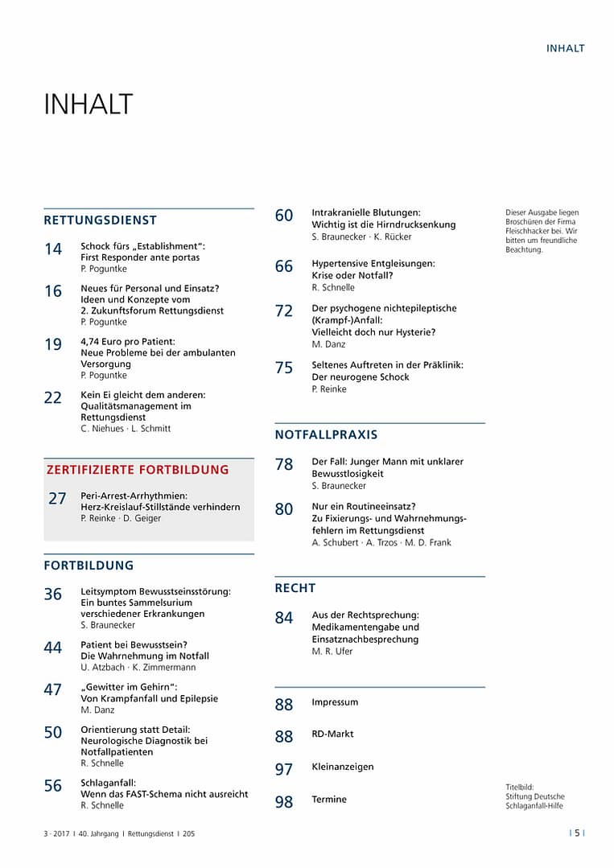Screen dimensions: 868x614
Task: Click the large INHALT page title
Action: coord(88,105)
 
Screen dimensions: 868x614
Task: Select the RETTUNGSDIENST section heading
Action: coord(100,220)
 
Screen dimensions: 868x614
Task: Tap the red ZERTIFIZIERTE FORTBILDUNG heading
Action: coord(138,470)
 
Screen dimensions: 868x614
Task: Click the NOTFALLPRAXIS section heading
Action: coord(326,434)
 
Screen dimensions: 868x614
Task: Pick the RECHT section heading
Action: coord(295,588)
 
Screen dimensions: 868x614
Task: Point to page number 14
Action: coord(53,249)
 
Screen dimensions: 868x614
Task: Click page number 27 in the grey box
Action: coord(57,499)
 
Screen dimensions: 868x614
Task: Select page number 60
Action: coord(284,216)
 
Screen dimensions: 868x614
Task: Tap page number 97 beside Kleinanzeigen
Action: coord(284,770)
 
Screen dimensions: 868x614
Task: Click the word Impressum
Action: coord(335,702)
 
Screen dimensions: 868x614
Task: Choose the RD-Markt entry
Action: coord(332,734)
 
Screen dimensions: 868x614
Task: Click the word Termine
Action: coord(329,799)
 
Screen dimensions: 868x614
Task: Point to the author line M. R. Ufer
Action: coord(332,652)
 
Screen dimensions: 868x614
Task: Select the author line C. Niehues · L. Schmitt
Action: coord(126,429)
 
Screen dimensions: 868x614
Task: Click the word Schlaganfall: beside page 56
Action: coord(109,782)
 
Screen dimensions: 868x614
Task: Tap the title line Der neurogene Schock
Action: coord(361,376)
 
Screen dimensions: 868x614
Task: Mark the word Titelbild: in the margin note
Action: coord(520,787)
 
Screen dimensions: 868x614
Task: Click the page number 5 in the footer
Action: coord(577,833)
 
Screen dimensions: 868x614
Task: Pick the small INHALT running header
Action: coord(566,48)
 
